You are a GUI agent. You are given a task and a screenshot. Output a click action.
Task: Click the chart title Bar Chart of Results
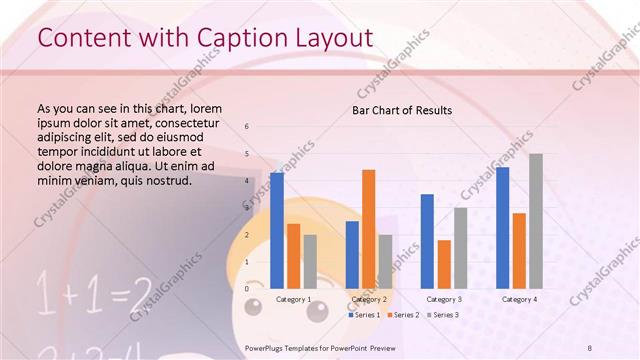[x=401, y=110]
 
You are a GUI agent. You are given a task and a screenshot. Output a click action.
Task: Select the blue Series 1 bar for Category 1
[x=277, y=230]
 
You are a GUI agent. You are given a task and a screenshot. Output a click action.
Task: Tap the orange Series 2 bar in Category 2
[x=369, y=229]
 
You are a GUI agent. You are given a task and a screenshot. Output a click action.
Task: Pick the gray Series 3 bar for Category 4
[x=536, y=221]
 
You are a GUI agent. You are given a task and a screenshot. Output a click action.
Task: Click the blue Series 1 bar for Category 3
[x=427, y=241]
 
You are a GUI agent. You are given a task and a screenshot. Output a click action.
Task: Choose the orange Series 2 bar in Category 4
[x=519, y=250]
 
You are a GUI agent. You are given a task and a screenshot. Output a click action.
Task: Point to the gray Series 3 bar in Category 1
[x=310, y=261]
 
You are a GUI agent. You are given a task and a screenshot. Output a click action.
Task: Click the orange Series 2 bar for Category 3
[x=444, y=264]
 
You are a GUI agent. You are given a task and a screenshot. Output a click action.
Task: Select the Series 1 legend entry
[x=365, y=315]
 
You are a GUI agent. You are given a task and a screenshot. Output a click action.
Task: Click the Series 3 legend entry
[x=441, y=315]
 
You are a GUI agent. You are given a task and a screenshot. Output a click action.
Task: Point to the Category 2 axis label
[x=369, y=299]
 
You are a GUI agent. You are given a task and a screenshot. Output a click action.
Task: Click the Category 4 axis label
[x=519, y=299]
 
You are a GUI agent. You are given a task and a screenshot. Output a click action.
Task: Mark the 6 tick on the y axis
[x=247, y=126]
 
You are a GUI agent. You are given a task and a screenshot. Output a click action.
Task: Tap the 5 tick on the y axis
[x=247, y=153]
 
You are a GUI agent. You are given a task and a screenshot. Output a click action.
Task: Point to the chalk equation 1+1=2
[x=95, y=293]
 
